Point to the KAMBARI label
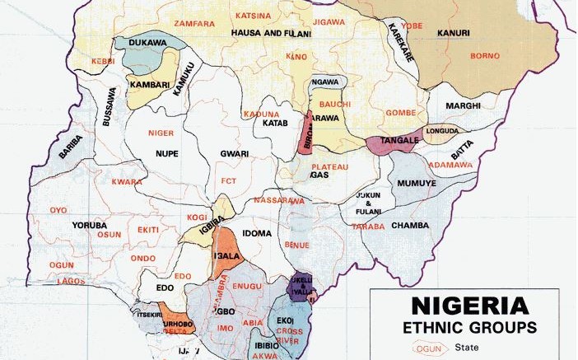(x=146, y=84)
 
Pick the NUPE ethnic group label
(x=167, y=154)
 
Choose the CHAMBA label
(x=409, y=225)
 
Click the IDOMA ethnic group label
(x=257, y=233)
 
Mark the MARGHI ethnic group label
(x=462, y=106)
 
